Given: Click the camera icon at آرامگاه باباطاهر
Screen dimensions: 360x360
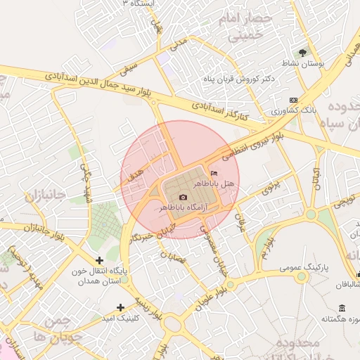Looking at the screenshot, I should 184,198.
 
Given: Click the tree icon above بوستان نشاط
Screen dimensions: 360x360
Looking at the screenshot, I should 303,53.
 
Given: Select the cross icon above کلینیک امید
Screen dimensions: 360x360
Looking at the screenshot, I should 120,307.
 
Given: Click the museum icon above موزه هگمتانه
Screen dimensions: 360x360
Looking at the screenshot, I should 342,308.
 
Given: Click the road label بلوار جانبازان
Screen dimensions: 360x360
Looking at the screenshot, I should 28,228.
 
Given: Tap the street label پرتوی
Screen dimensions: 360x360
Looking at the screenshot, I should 271,187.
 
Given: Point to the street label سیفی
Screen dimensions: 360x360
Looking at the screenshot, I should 128,68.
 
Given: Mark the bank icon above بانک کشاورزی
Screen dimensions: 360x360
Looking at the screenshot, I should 293,100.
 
